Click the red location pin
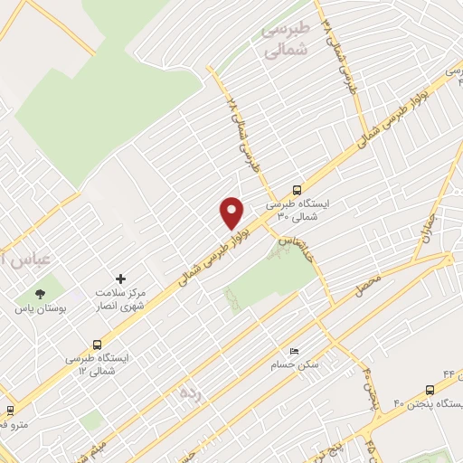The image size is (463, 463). (x=232, y=212)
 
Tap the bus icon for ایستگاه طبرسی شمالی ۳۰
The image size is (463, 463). (x=298, y=190)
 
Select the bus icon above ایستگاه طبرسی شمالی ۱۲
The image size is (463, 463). (x=97, y=344)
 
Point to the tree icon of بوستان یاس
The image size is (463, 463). (x=40, y=293)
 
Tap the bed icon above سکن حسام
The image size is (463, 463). (x=292, y=350)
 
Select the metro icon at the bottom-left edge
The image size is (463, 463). (x=9, y=410)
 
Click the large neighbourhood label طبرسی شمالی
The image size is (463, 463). (x=285, y=41)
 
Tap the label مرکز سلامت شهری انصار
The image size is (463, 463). (x=120, y=300)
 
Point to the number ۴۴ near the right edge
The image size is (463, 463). (x=449, y=373)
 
